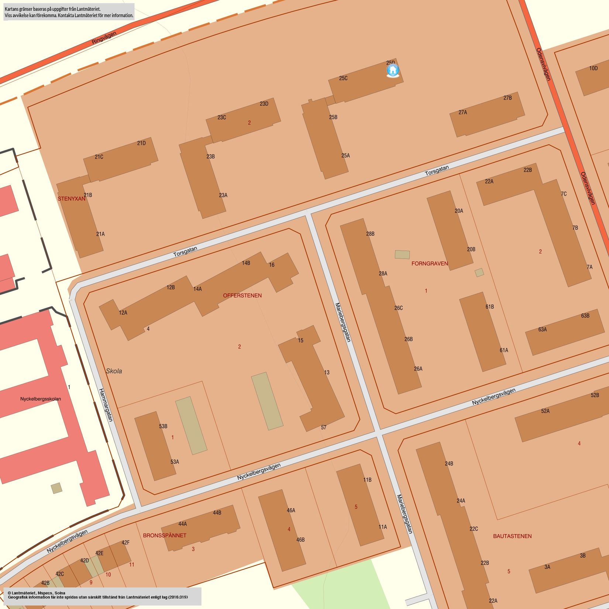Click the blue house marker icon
coord(393,70)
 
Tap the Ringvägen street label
coord(104,38)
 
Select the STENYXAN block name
coord(71,199)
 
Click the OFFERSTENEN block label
coord(242,295)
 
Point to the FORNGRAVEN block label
coord(430,264)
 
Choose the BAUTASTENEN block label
coord(512,536)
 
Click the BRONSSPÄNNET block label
coord(165,535)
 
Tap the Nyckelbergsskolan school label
coord(41,399)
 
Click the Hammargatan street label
coord(106,405)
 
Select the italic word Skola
coord(114,371)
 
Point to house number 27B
coord(507,98)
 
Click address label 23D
coord(264,104)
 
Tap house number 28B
coord(370,234)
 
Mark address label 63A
coord(542,329)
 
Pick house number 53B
coord(163,426)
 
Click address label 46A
coord(291,510)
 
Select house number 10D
coord(593,68)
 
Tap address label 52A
coord(545,411)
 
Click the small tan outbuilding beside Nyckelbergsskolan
coord(56,488)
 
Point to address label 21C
coord(99,157)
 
